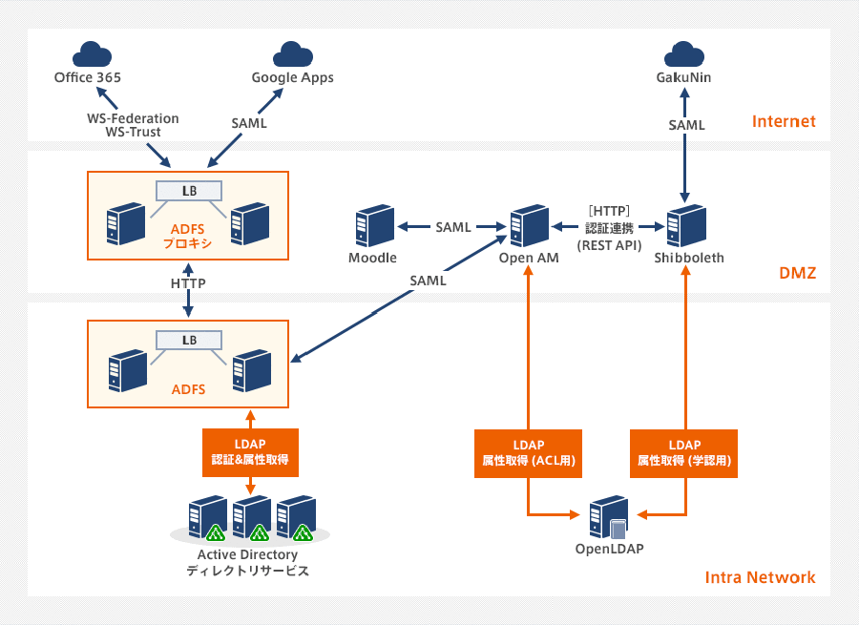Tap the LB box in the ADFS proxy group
click(189, 191)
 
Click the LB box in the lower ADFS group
click(189, 340)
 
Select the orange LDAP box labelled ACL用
click(528, 451)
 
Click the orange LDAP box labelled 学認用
click(684, 451)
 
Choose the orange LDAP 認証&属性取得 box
click(250, 451)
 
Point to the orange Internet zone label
click(784, 121)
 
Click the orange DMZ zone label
click(797, 275)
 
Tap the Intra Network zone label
click(760, 577)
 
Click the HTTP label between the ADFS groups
click(188, 283)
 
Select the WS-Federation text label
click(133, 118)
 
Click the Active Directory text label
click(247, 554)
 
